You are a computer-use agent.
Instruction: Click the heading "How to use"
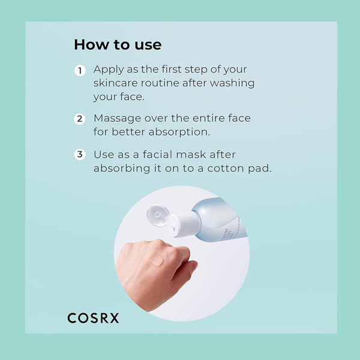click(x=118, y=45)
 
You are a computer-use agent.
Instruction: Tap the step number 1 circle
click(x=79, y=71)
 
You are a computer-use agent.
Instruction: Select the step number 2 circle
click(x=79, y=119)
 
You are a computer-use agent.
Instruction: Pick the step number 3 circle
click(x=79, y=155)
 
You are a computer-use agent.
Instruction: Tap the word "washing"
click(x=234, y=83)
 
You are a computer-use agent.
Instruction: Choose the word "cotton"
click(x=227, y=168)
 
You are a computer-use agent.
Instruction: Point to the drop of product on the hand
click(x=157, y=260)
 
